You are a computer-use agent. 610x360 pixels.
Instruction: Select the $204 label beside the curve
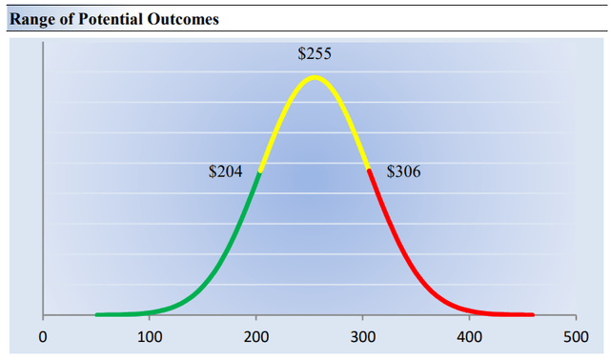click(x=225, y=172)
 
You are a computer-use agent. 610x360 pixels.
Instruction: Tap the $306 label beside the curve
click(x=403, y=172)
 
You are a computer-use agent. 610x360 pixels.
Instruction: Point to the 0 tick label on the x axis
click(x=43, y=336)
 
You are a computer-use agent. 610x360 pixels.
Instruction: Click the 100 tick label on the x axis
click(x=149, y=336)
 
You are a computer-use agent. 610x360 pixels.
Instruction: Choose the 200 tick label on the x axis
click(x=255, y=336)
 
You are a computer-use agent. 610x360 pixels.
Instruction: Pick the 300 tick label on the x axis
click(x=362, y=336)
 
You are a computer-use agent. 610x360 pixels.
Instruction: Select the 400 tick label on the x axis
click(x=469, y=336)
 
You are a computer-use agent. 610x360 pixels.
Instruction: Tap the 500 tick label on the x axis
click(x=576, y=336)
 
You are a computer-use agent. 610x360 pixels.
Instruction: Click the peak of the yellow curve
click(x=315, y=77)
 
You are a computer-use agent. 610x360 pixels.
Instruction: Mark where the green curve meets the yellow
click(x=260, y=170)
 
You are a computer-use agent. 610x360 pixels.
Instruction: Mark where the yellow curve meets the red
click(x=369, y=169)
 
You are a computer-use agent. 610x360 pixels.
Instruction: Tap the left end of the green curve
click(x=96, y=313)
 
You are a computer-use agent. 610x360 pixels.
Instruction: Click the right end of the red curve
click(x=533, y=314)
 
